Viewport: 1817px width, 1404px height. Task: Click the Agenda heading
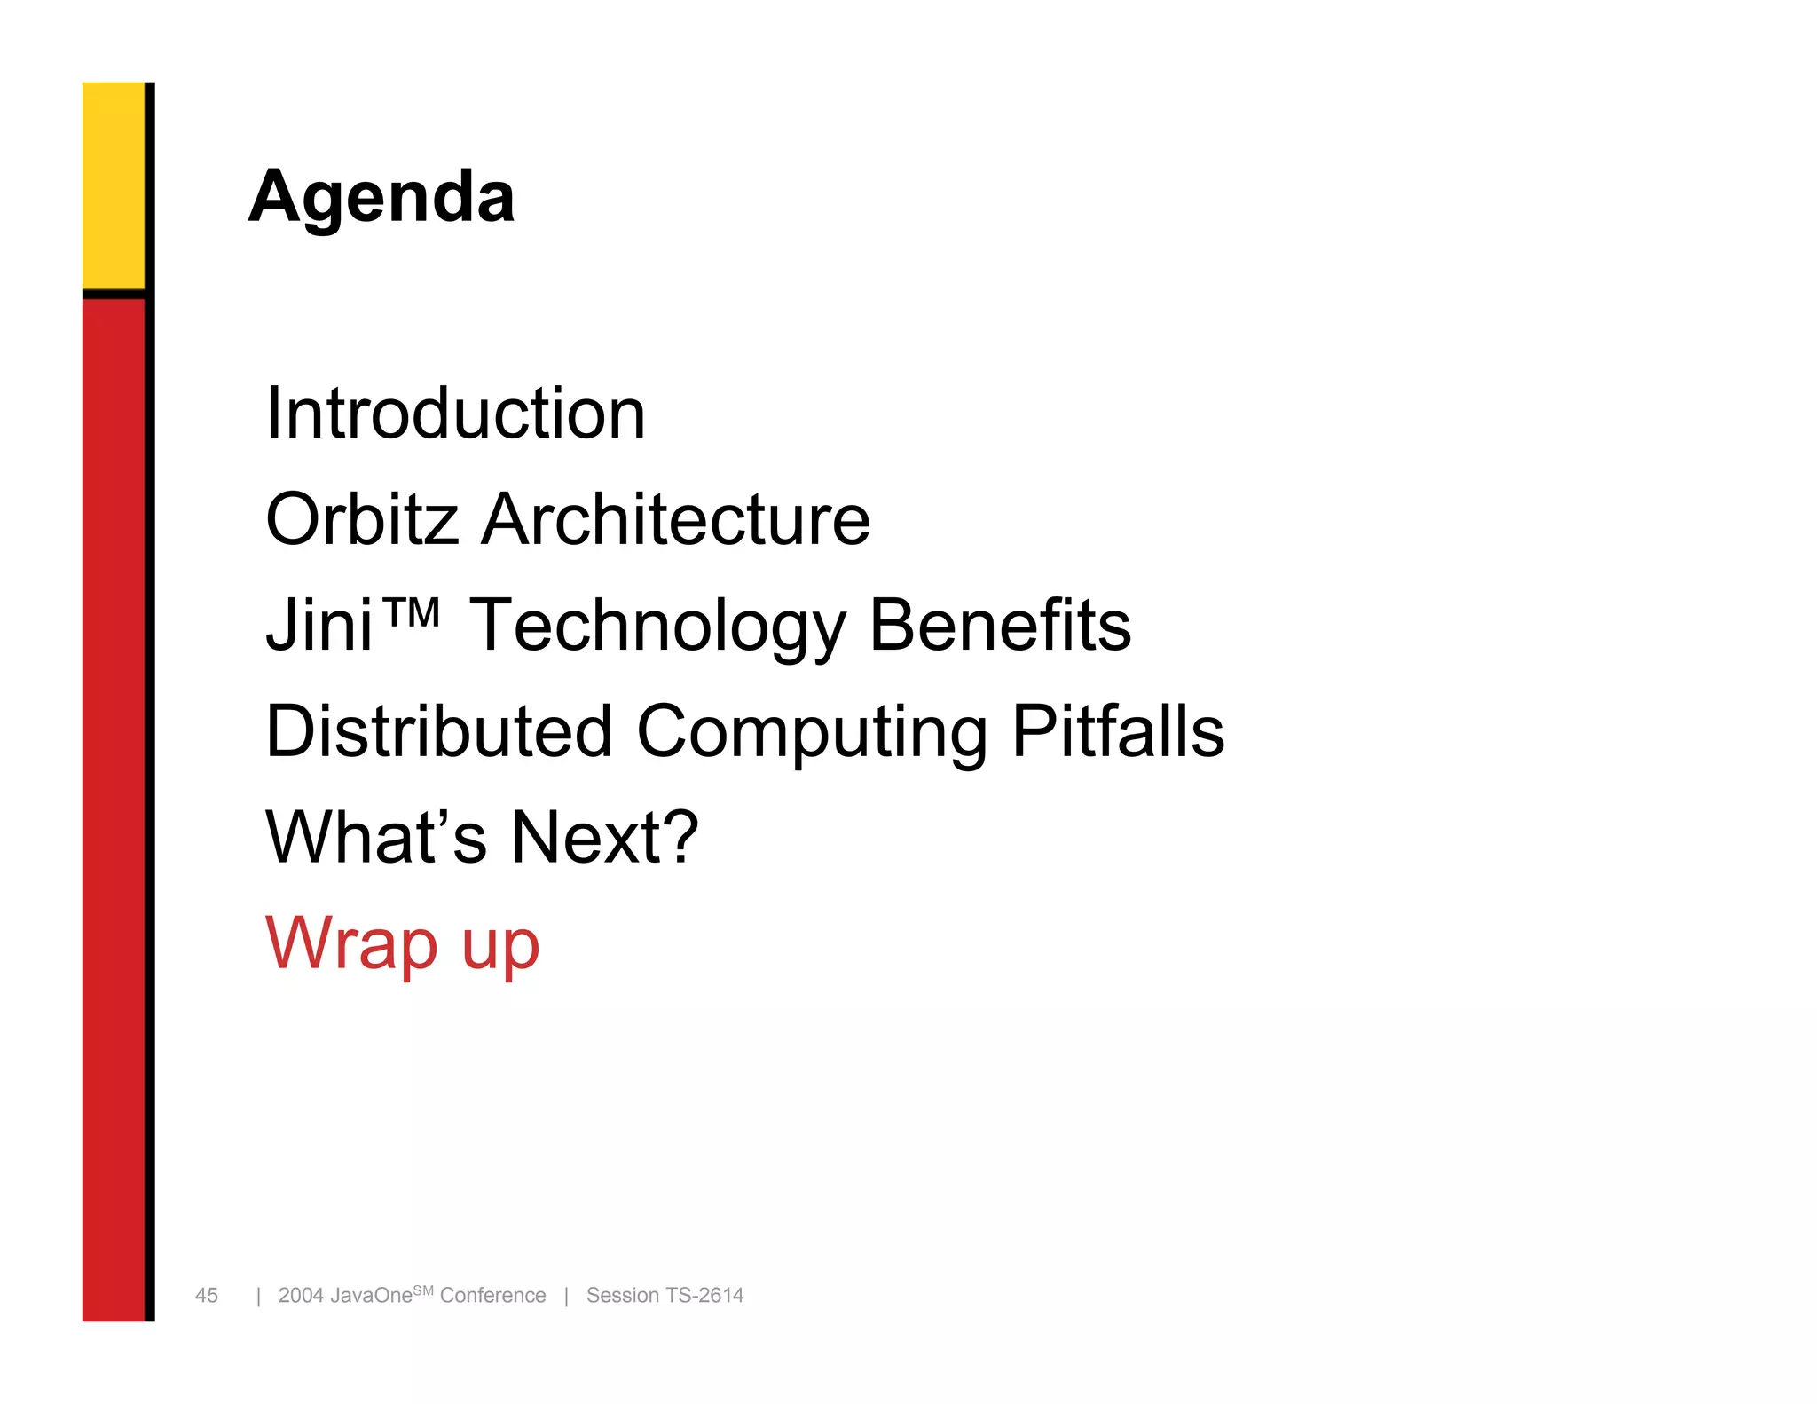pos(381,197)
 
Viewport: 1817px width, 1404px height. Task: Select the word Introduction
pos(455,414)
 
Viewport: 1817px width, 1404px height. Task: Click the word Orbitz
pos(362,519)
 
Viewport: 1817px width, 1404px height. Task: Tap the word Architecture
pos(675,519)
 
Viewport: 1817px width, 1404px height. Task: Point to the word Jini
pos(319,626)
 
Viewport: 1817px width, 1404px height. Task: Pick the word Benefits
pos(1000,625)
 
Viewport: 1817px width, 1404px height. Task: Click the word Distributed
pos(439,731)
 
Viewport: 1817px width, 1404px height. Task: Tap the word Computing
pos(812,733)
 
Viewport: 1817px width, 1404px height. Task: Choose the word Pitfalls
pos(1118,731)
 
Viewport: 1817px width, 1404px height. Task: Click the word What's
pos(376,837)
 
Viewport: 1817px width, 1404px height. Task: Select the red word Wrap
pos(351,943)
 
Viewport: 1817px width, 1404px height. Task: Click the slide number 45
pos(207,1296)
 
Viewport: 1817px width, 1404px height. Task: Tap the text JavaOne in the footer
pos(371,1296)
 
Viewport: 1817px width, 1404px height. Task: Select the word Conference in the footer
pos(492,1296)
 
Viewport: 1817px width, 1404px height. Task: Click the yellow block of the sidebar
pos(114,185)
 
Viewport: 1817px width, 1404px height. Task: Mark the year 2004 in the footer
pos(301,1296)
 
